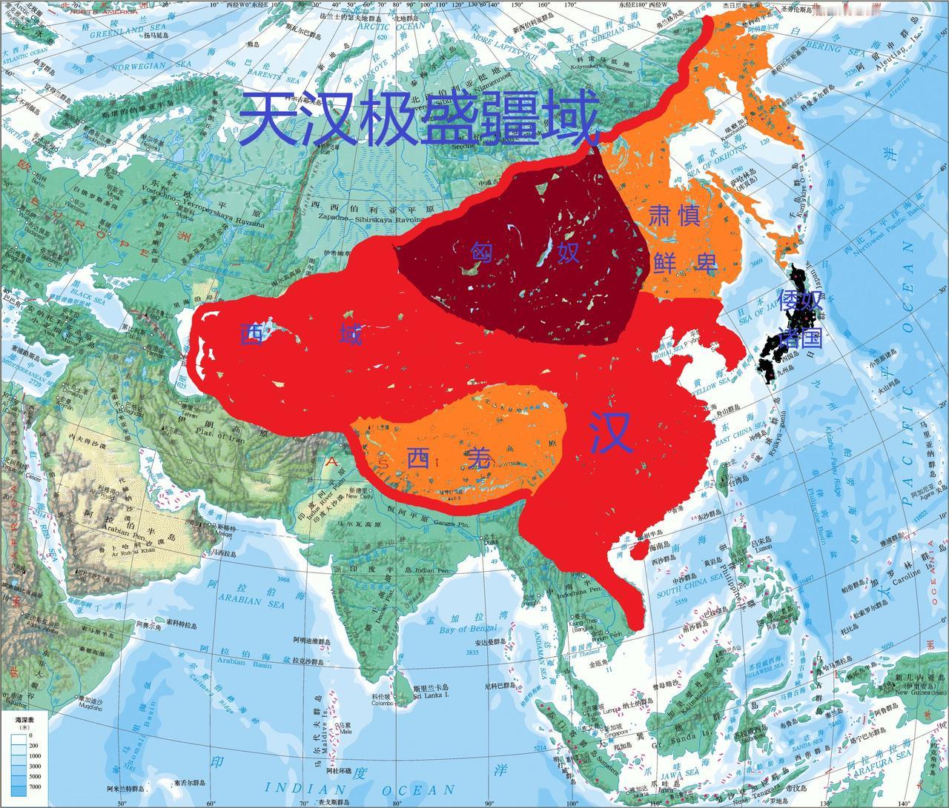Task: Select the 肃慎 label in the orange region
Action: (x=675, y=216)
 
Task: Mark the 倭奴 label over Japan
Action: (x=801, y=301)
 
